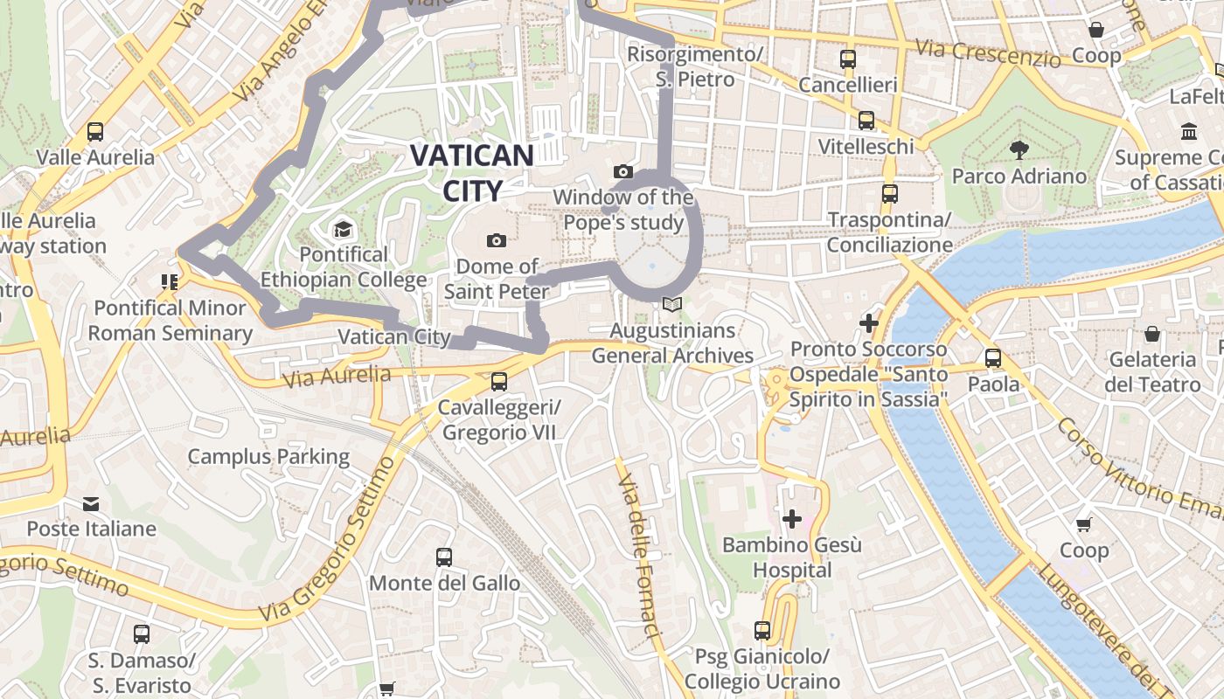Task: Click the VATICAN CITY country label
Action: coord(472,173)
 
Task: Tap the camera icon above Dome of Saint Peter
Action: coord(497,240)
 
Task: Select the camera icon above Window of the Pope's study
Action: coord(622,171)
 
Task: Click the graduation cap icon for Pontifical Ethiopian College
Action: coord(343,230)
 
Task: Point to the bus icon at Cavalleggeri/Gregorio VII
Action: coord(498,382)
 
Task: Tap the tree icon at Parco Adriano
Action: coord(1019,150)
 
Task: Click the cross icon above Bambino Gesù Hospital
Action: coord(792,519)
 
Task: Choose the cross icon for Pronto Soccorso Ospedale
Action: coord(868,323)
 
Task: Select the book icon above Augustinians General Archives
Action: coord(671,305)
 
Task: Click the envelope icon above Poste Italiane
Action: coord(91,503)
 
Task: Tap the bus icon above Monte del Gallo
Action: coord(444,557)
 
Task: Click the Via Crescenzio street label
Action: coord(988,53)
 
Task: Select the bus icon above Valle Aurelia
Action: coord(95,132)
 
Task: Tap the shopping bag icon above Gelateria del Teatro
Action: coord(1152,334)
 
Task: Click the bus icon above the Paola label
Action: coord(993,358)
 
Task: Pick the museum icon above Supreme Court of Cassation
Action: coord(1189,132)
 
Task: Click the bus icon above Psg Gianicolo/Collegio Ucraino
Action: coord(762,631)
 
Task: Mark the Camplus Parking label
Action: coord(268,456)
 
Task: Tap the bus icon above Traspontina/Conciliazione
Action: coord(890,194)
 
